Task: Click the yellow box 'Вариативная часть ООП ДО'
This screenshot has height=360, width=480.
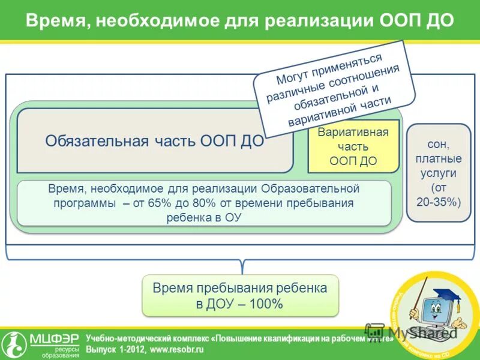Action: pos(353,146)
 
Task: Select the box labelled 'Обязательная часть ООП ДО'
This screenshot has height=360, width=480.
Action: pos(155,141)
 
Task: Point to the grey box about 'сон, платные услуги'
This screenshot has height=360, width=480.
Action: pos(439,173)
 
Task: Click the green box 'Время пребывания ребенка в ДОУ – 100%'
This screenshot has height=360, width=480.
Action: pos(240,296)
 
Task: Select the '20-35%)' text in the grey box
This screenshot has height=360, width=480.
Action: pos(439,202)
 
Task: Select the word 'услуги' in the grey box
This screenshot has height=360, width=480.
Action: pos(439,173)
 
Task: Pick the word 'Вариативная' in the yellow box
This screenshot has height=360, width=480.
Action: pos(353,133)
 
